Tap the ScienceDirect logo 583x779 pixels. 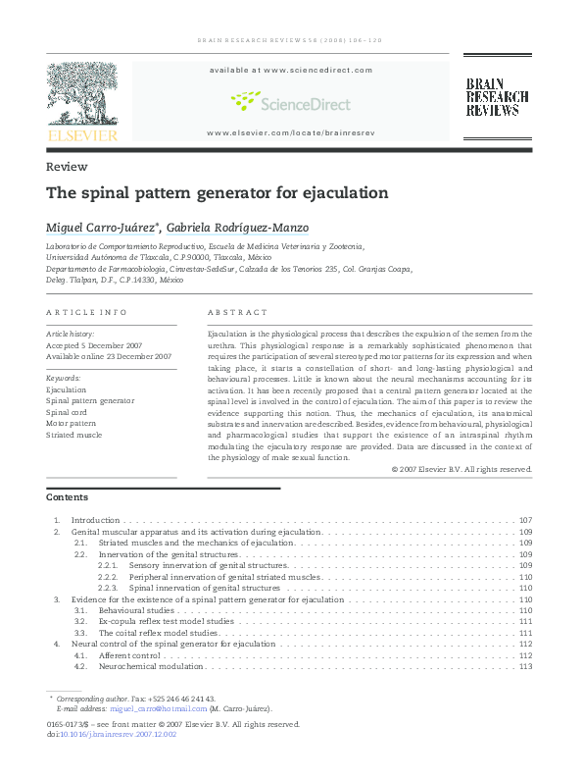pos(289,101)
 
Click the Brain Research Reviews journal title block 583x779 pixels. pos(496,97)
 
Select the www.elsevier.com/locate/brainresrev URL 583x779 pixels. pos(290,131)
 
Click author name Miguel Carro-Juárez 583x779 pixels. pos(102,228)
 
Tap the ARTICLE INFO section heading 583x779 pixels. pos(86,312)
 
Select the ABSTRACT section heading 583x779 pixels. pos(237,312)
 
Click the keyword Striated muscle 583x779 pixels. pos(73,434)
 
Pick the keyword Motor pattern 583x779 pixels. pos(72,423)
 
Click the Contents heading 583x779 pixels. pos(67,497)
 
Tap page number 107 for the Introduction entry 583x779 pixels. pos(525,520)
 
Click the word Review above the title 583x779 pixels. pos(67,167)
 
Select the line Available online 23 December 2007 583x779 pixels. pos(109,356)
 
